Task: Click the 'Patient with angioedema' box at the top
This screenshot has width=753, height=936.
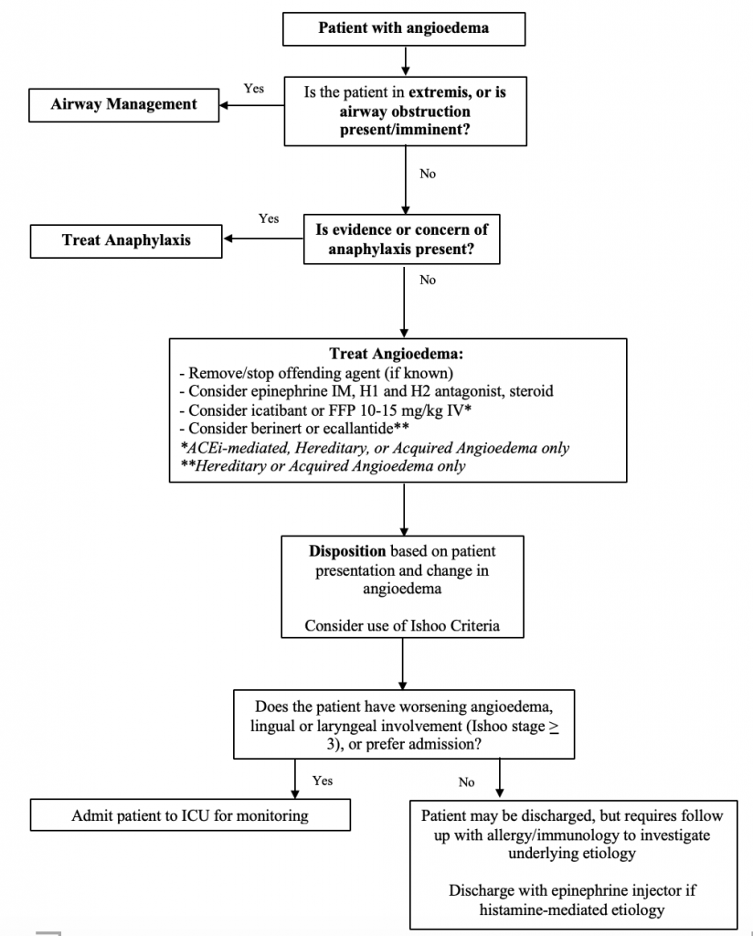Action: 403,27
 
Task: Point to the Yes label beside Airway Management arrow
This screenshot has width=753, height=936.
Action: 254,89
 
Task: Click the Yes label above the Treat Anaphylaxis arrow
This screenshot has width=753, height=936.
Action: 269,219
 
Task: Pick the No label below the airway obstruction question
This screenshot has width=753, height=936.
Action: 427,174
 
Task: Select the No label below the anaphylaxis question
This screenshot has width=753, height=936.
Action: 427,281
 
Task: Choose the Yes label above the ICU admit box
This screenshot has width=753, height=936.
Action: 323,781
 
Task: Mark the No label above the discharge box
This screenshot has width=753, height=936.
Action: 467,782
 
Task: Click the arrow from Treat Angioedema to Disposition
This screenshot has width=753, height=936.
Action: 403,508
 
